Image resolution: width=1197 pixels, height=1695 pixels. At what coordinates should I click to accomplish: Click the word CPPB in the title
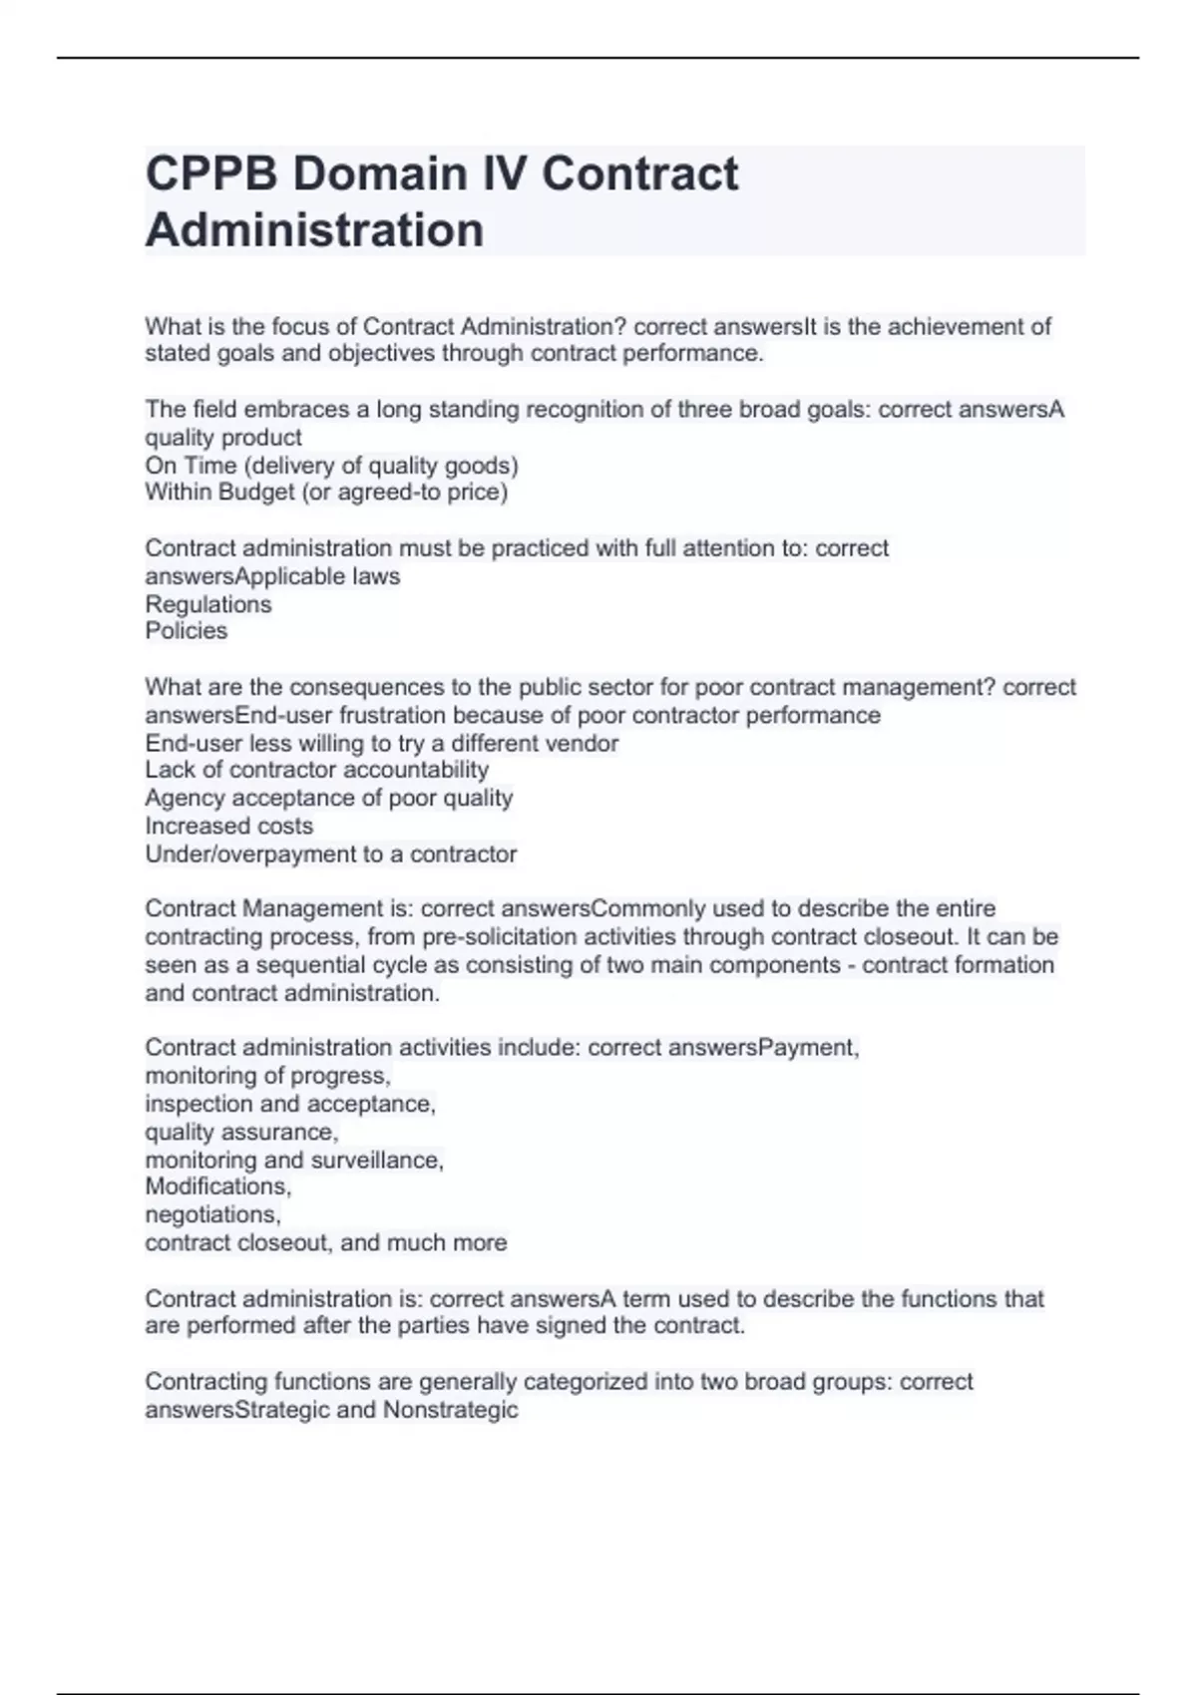pos(210,174)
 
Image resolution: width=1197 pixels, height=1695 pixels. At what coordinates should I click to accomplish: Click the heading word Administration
pos(314,230)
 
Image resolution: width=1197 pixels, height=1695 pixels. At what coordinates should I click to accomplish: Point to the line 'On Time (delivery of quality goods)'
pos(331,466)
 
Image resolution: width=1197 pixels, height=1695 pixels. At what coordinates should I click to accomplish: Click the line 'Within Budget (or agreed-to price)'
pos(326,493)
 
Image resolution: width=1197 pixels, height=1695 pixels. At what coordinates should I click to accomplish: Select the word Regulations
pos(207,604)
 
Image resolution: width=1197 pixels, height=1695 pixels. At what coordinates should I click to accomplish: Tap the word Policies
pos(186,631)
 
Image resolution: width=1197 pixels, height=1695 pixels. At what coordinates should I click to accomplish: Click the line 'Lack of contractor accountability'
pos(316,770)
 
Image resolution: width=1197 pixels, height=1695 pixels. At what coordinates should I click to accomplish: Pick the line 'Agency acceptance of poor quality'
pos(328,798)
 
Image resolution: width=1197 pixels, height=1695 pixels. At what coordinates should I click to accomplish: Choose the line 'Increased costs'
pos(228,826)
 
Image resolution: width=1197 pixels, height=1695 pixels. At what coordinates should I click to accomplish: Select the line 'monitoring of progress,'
pos(267,1076)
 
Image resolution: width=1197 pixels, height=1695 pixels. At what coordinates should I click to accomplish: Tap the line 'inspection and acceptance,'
pos(290,1104)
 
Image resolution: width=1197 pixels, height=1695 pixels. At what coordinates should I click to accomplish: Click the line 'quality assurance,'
pos(241,1132)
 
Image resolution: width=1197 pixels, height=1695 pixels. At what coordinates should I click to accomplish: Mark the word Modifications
pos(217,1186)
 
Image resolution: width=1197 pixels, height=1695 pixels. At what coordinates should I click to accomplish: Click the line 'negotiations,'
pos(212,1214)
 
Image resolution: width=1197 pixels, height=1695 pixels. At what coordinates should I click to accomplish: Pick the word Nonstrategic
pos(450,1410)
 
